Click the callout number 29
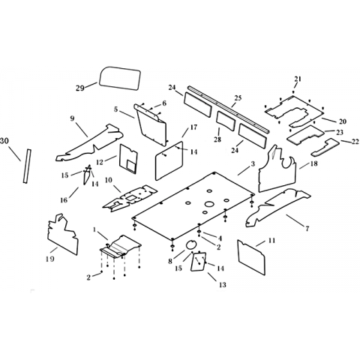[80, 88]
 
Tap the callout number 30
[4, 141]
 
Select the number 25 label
[238, 97]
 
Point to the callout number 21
[298, 79]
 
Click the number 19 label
[50, 259]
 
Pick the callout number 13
[222, 284]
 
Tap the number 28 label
[217, 139]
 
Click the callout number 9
[72, 118]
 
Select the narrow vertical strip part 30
[27, 166]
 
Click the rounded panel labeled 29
[120, 78]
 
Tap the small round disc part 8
[191, 244]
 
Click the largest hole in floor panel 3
[209, 204]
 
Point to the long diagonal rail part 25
[228, 109]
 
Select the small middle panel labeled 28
[226, 121]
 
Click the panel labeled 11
[251, 257]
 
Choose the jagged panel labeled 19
[62, 235]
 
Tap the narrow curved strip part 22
[325, 147]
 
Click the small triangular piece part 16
[86, 175]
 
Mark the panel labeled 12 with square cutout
[128, 159]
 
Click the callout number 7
[307, 228]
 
